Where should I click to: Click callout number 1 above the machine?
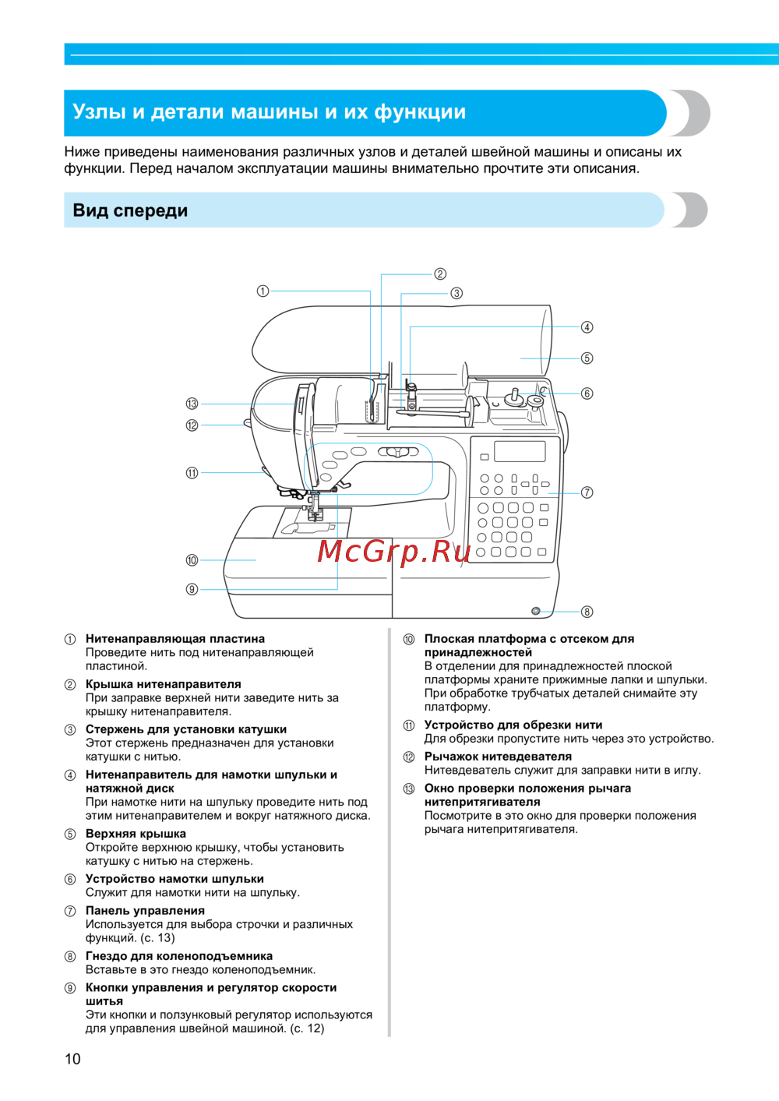tap(263, 291)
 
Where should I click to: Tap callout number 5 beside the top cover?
tap(587, 358)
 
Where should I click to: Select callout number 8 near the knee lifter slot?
tap(587, 612)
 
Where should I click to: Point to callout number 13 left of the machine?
tap(192, 404)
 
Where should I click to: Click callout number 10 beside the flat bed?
tap(192, 560)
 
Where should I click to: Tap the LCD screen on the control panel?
tap(520, 451)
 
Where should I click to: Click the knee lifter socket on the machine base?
tap(536, 611)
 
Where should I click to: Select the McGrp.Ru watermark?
tap(394, 552)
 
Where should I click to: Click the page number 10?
tap(72, 1058)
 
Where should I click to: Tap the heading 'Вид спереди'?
tap(130, 210)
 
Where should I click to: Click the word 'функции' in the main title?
tap(420, 112)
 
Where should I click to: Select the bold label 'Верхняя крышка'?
tap(136, 834)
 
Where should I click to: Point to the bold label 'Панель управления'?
tap(145, 910)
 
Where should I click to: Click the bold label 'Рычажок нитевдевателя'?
tap(498, 757)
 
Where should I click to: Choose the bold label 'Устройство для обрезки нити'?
tap(513, 725)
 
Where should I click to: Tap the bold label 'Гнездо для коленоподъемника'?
tap(179, 956)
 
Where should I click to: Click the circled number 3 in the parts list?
tap(70, 730)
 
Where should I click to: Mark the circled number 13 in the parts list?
tap(409, 789)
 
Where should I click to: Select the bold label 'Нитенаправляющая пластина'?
tap(175, 639)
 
